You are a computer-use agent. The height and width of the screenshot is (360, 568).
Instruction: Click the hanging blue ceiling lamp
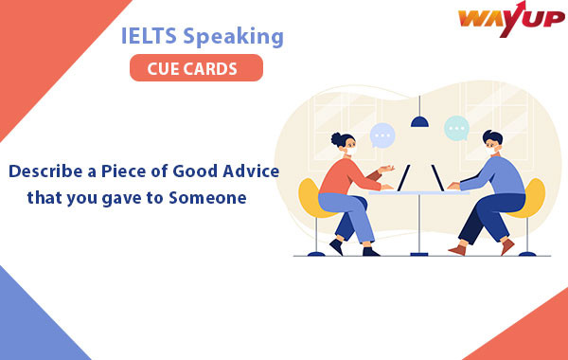coord(418,119)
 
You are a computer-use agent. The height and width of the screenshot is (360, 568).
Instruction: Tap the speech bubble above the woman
coord(382,135)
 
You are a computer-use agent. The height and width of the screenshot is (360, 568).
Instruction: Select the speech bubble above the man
coord(456,128)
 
